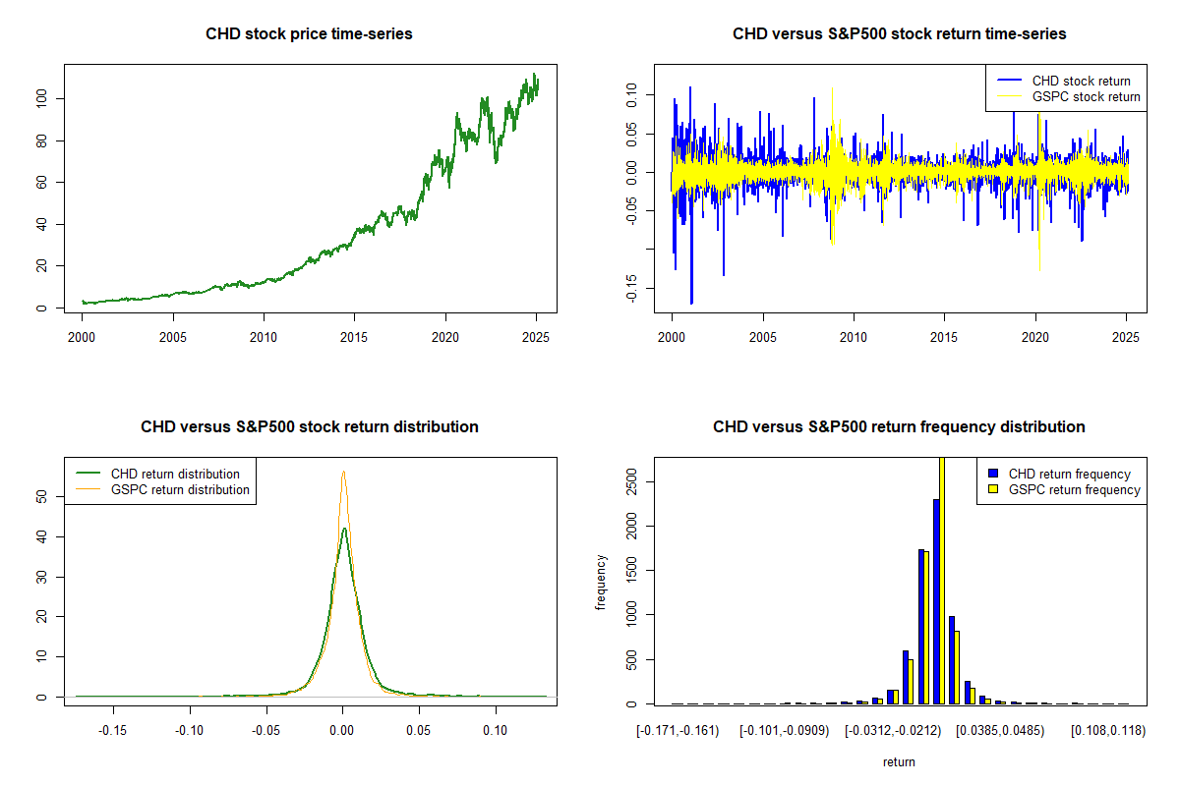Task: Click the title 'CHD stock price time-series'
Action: (309, 34)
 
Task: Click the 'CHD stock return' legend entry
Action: (1081, 81)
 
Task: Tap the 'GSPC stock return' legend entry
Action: (1086, 96)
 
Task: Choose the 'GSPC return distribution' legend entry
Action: (180, 489)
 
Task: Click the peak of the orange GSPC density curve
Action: (343, 472)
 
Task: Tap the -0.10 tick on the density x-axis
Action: (190, 731)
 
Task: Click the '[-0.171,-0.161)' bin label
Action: (678, 731)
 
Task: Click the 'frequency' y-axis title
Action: (601, 582)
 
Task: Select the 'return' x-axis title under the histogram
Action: (899, 761)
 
